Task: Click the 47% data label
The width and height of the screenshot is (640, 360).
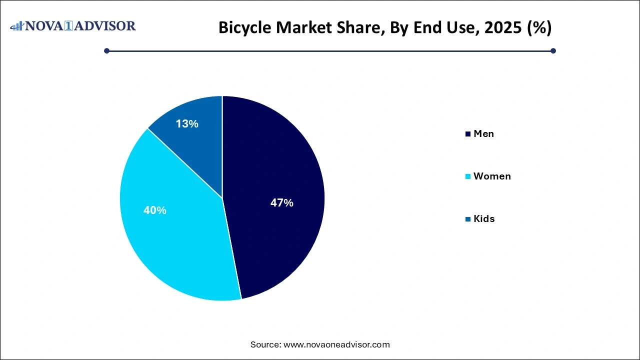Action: pos(281,203)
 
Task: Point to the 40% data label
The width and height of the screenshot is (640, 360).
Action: pos(154,210)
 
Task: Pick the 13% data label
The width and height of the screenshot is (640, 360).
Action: pos(187,124)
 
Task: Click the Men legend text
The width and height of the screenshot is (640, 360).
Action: pos(483,133)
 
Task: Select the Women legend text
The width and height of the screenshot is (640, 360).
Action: pos(492,176)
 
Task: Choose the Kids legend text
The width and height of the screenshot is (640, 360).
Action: pos(484,218)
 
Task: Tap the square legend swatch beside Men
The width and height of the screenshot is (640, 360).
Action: pos(468,134)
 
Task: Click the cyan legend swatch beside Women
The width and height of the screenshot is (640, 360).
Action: pos(468,176)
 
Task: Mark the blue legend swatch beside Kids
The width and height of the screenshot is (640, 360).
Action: pos(468,219)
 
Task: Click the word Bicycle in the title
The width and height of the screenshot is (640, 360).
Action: pos(242,28)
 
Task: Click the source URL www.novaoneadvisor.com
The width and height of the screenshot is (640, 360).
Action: pos(336,344)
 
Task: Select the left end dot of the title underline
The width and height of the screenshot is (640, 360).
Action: pos(106,50)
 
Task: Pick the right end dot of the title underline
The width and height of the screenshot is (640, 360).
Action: pos(553,50)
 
